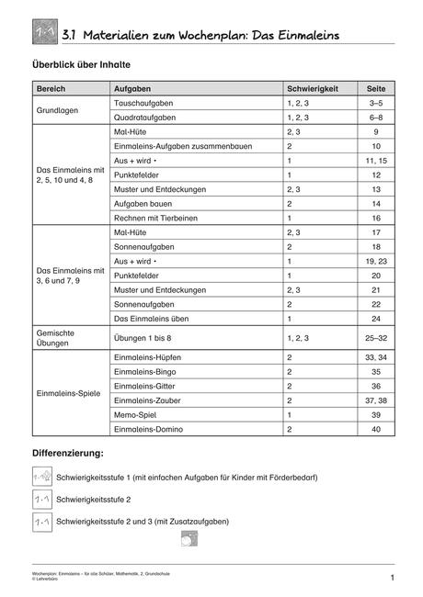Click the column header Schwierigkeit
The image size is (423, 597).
point(313,89)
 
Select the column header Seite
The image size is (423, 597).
point(375,89)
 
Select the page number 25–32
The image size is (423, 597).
point(375,339)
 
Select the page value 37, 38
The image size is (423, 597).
point(375,401)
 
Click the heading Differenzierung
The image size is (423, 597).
point(68,454)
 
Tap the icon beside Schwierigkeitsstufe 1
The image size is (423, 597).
point(41,479)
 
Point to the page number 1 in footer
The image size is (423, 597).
point(392,578)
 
